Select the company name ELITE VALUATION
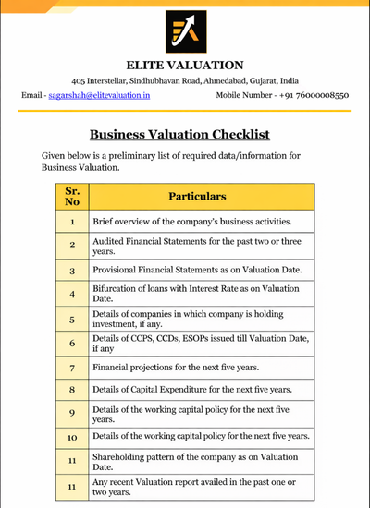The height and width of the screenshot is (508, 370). pos(185,65)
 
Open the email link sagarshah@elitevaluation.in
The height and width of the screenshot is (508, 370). pos(100,95)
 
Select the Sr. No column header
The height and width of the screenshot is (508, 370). pos(72,196)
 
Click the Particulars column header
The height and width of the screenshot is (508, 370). pos(197,196)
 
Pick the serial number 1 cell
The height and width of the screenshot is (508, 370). pos(72,223)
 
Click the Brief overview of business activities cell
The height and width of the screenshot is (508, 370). pos(192,223)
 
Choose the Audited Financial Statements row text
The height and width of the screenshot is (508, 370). pos(196,245)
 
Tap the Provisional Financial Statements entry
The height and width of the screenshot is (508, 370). pos(195,271)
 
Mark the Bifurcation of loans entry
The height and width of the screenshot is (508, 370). pos(196,294)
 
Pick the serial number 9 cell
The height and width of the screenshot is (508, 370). pos(72,412)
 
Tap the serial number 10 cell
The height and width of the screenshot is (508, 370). pos(72,435)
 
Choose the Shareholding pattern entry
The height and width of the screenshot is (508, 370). pos(196,460)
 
